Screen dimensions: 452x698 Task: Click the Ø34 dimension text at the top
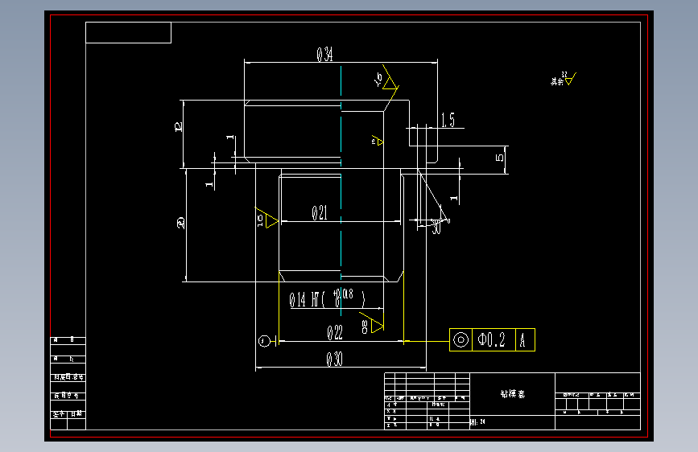[325, 55]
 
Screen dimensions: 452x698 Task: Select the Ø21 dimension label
[320, 213]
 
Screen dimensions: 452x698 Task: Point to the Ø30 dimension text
[334, 360]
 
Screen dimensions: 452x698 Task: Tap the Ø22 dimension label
[334, 332]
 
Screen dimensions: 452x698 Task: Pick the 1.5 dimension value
[447, 121]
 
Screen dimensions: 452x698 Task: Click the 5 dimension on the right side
[500, 157]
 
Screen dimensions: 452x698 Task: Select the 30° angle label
[437, 228]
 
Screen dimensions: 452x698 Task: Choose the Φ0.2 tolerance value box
[492, 339]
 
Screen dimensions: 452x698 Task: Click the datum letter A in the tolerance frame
[523, 339]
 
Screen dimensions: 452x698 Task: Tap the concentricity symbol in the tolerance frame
[461, 339]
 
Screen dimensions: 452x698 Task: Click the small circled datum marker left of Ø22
[263, 341]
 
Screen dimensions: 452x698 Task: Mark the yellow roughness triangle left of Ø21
[268, 220]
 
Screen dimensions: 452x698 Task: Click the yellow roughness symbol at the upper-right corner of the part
[390, 82]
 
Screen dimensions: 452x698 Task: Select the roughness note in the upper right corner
[564, 80]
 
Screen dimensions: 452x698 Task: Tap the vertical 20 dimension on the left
[181, 224]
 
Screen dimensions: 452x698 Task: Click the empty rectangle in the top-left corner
[128, 33]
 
